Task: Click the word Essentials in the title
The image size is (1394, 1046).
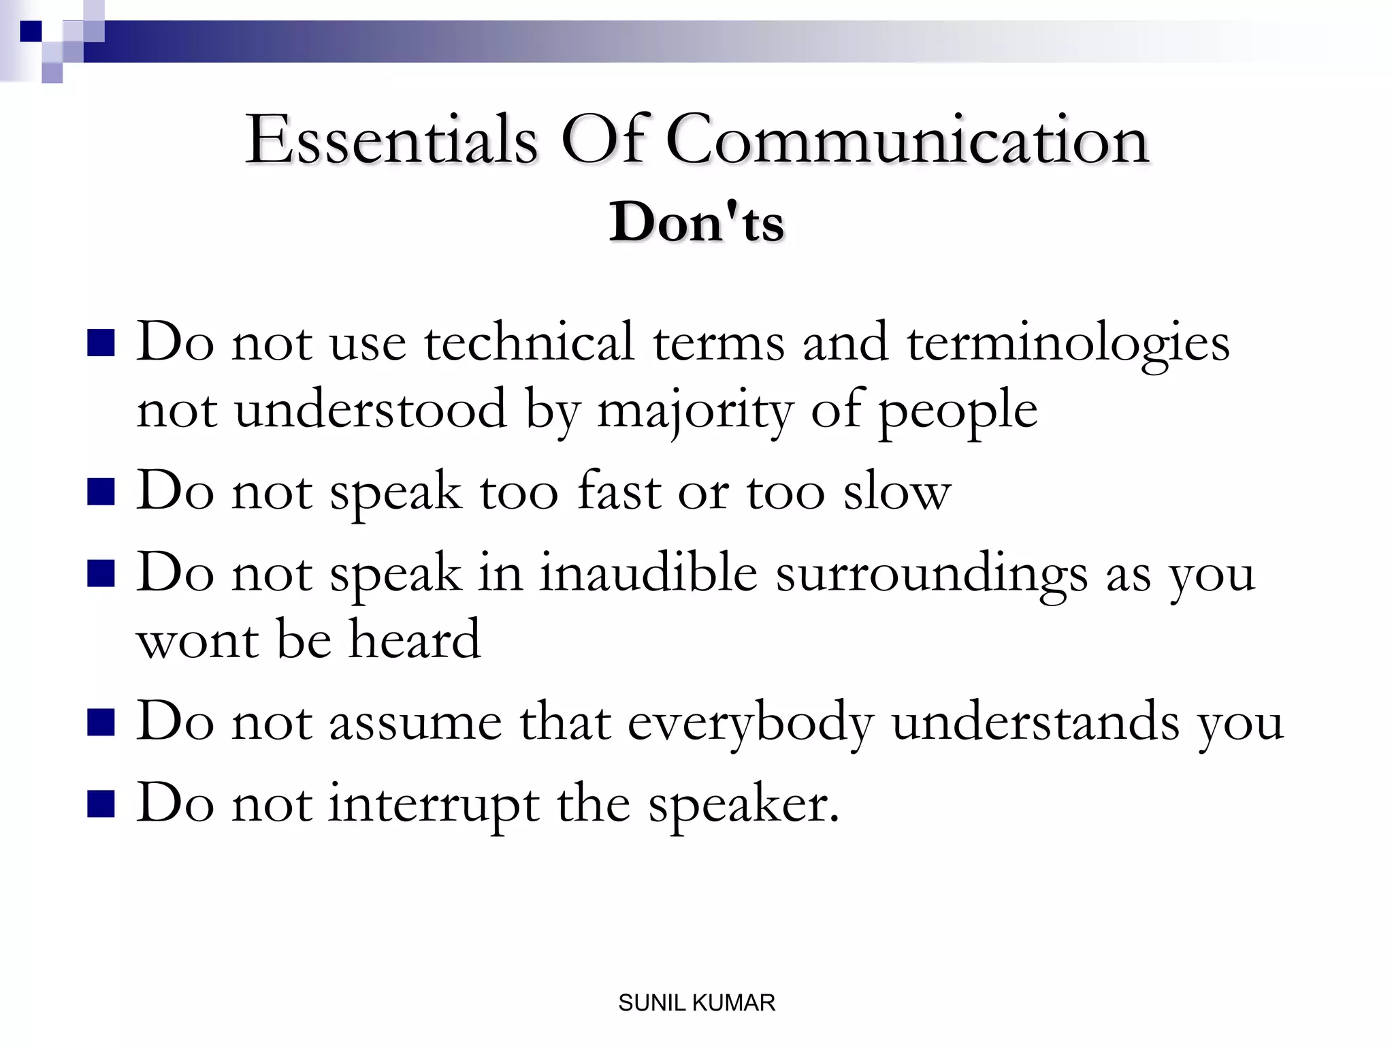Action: [x=391, y=140]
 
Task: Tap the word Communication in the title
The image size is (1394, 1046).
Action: [x=907, y=140]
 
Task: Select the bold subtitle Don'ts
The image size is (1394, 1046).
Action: [x=696, y=222]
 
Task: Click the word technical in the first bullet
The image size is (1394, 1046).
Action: [x=529, y=342]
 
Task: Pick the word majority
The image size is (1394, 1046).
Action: [x=694, y=411]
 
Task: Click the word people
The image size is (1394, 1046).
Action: [x=957, y=411]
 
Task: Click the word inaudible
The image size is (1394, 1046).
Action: [x=648, y=573]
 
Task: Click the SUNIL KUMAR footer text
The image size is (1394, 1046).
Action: [x=696, y=1002]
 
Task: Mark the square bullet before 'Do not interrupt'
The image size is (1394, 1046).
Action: [x=101, y=803]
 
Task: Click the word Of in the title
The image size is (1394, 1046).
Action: [x=602, y=140]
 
